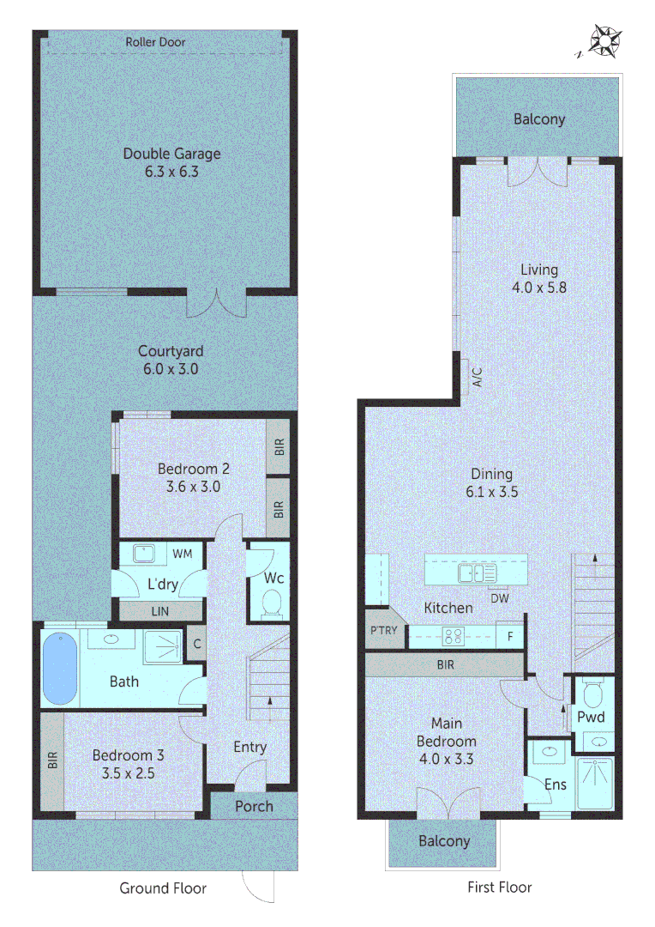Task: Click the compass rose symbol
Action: click(x=606, y=41)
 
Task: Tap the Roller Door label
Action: click(x=155, y=42)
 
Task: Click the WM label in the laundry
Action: click(x=183, y=554)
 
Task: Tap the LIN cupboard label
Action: click(x=159, y=610)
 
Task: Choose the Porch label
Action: click(x=254, y=806)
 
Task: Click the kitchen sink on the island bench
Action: click(x=476, y=573)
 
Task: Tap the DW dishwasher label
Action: click(x=500, y=597)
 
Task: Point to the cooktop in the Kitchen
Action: click(x=453, y=636)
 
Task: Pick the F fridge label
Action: click(x=509, y=637)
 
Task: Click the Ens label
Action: click(x=554, y=784)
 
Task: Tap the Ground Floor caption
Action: click(x=163, y=888)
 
